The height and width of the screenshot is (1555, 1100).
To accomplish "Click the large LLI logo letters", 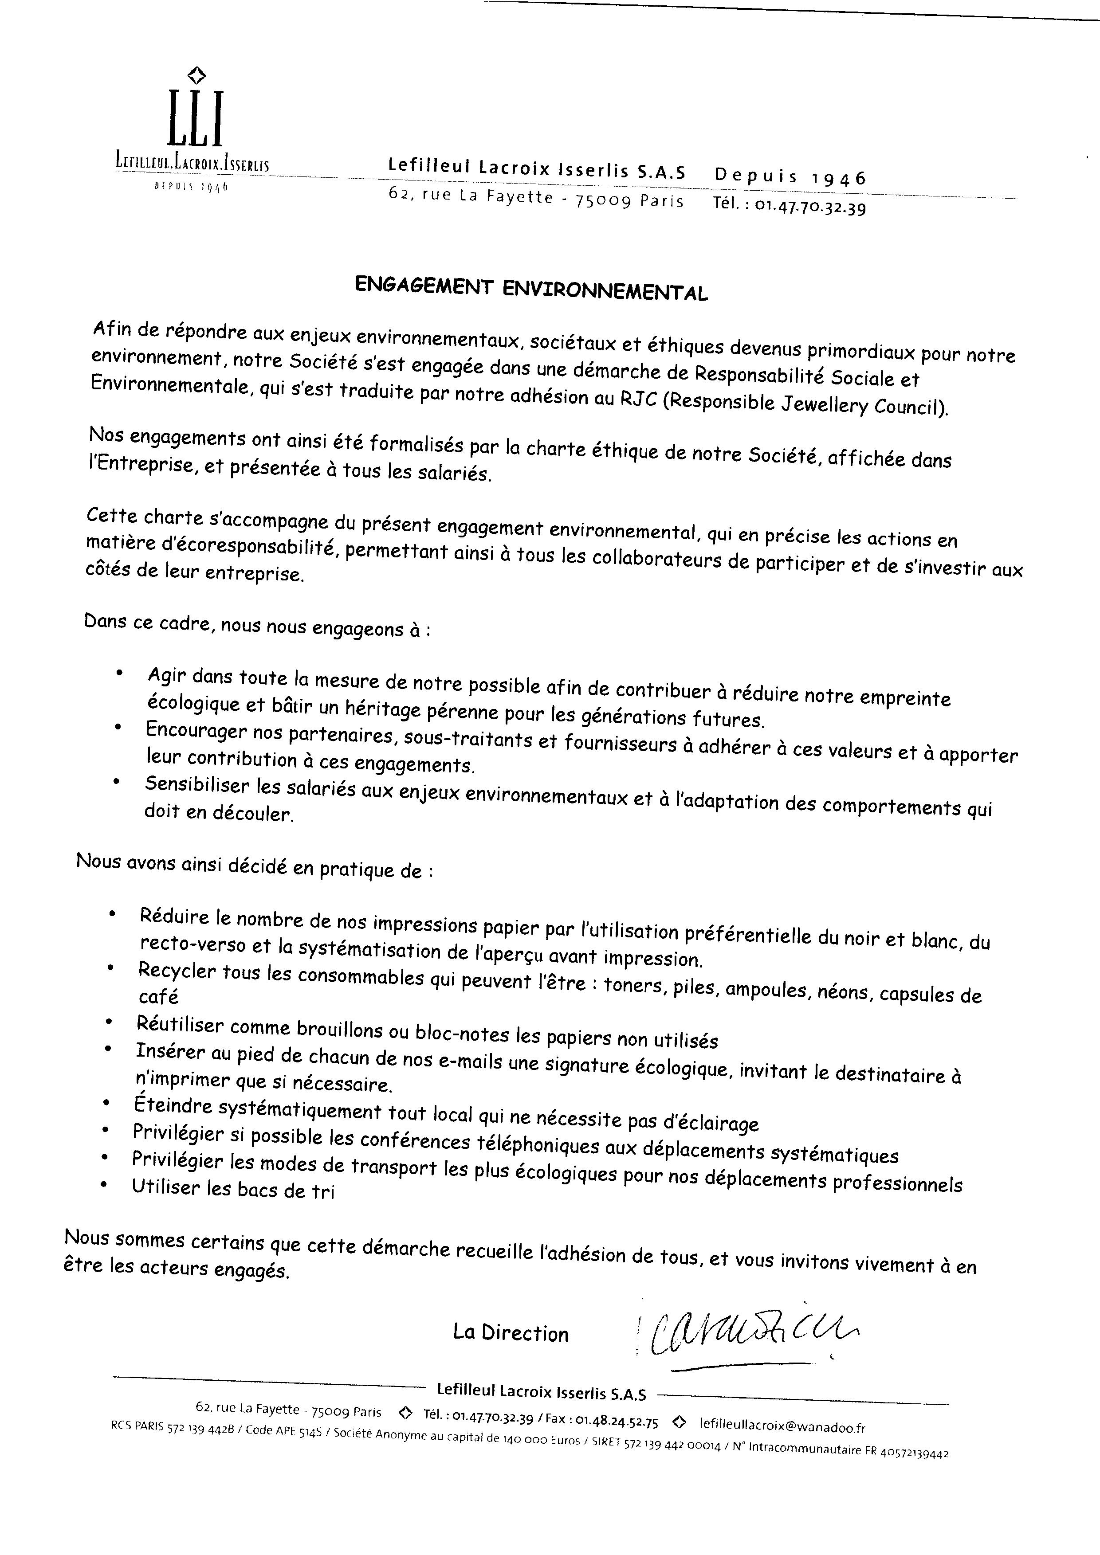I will pos(195,118).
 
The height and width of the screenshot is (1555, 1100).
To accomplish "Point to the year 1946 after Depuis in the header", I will pos(839,178).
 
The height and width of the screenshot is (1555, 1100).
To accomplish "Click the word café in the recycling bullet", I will pos(158,996).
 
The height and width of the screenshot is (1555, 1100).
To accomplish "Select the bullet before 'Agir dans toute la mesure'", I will pos(119,673).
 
